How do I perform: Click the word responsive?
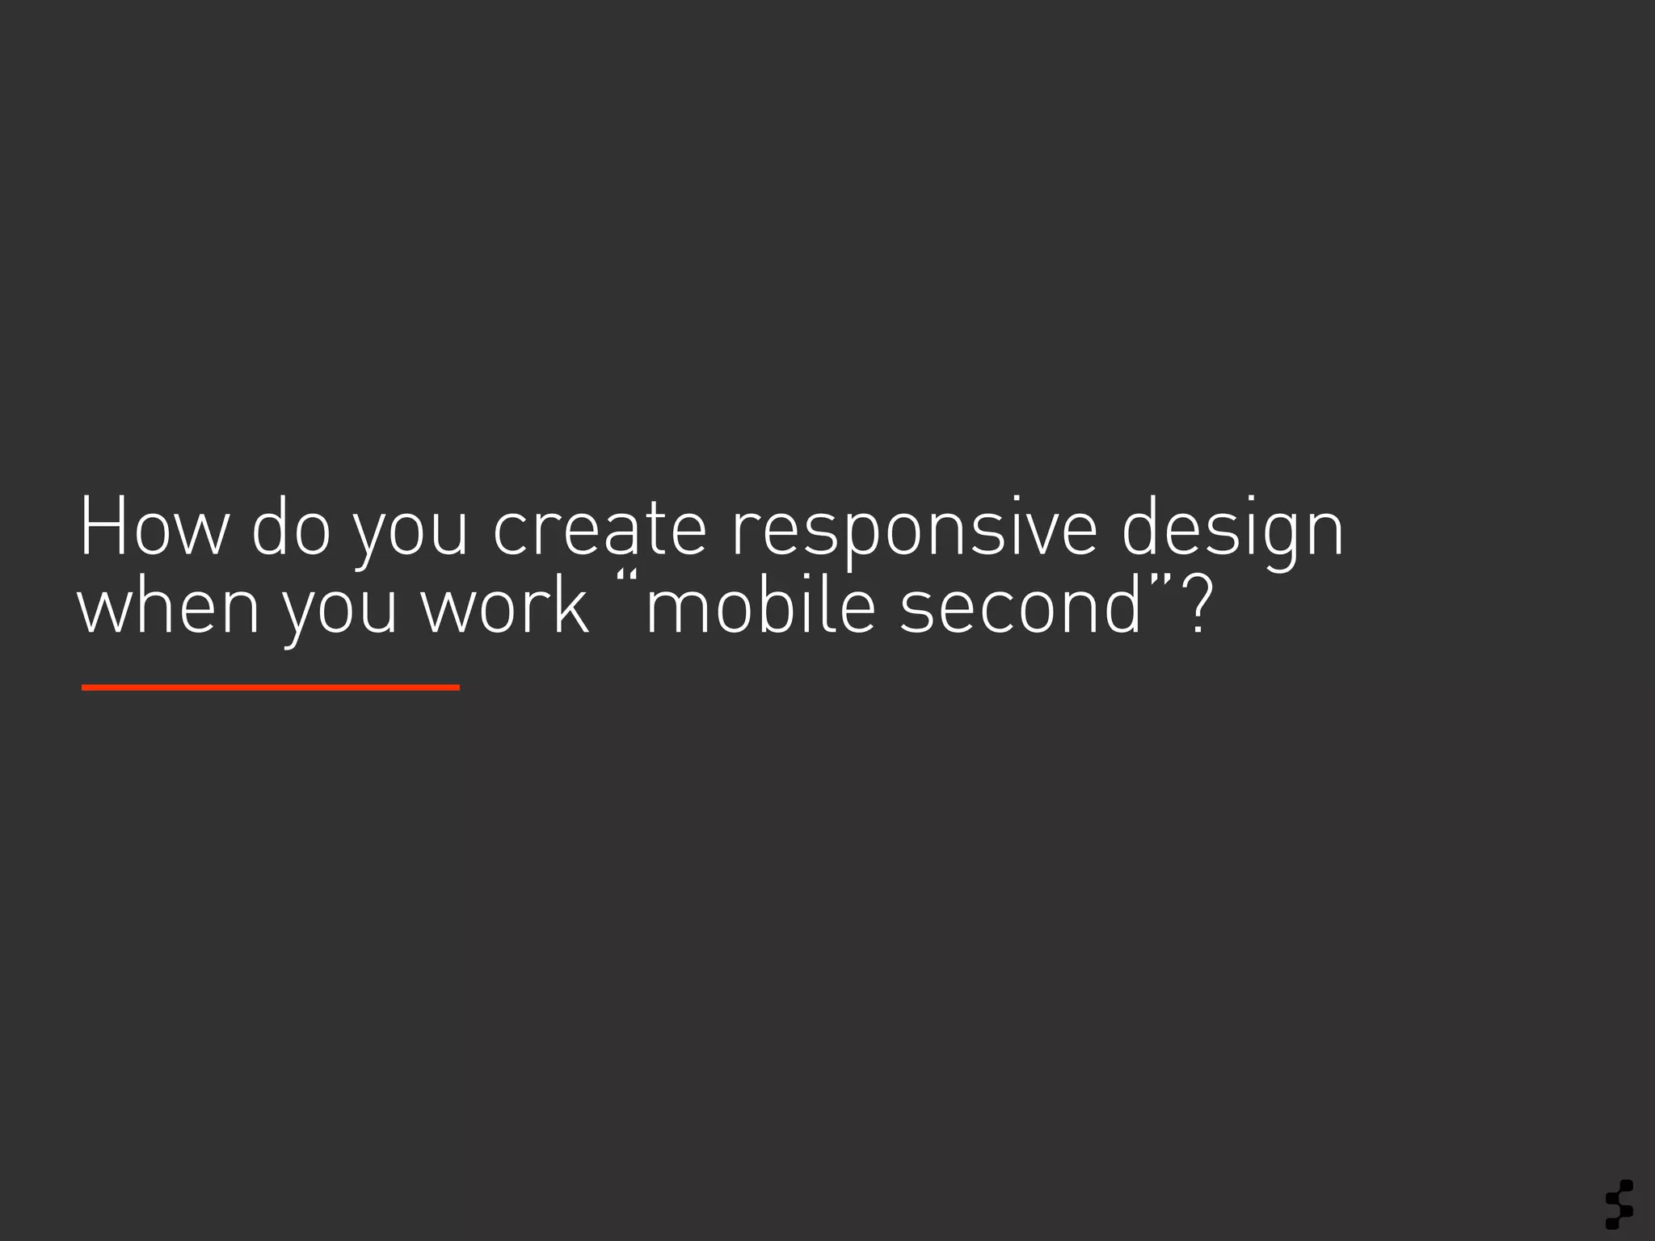pyautogui.click(x=914, y=533)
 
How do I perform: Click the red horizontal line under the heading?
pyautogui.click(x=271, y=688)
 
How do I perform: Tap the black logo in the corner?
pyautogui.click(x=1619, y=1204)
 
